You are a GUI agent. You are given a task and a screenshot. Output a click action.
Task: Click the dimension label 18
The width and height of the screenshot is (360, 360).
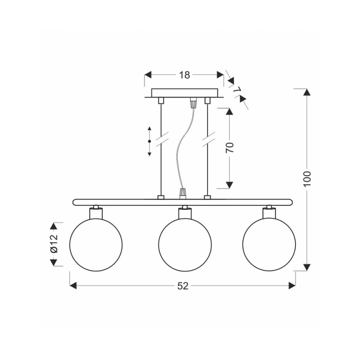coord(184,75)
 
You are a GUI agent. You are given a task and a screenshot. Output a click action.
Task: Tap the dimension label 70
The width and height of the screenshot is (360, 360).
coord(229,148)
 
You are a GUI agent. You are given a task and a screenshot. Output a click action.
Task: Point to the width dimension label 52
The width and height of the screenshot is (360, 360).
coord(183,286)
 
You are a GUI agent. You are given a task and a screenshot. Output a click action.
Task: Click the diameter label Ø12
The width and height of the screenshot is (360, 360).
coord(53,243)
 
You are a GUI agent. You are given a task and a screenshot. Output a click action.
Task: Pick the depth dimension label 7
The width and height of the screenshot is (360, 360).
coord(236,89)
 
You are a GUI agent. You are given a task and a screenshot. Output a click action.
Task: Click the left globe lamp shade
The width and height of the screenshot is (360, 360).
coord(96,244)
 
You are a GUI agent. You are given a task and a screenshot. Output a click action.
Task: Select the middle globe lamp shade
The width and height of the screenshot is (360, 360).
coord(185,244)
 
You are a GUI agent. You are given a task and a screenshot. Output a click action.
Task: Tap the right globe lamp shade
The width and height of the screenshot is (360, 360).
coord(269,244)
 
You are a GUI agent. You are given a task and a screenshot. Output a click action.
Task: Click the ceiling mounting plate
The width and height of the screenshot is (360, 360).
coord(184,93)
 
